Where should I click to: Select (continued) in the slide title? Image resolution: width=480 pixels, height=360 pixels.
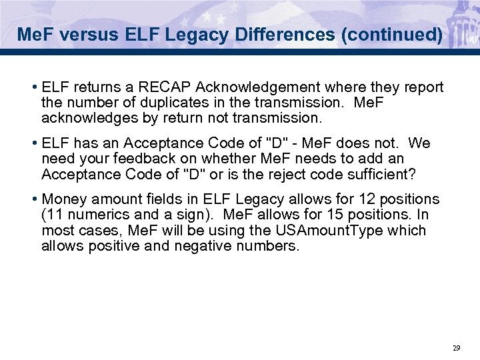tap(391, 34)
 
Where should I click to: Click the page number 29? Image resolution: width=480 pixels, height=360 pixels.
tap(456, 348)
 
